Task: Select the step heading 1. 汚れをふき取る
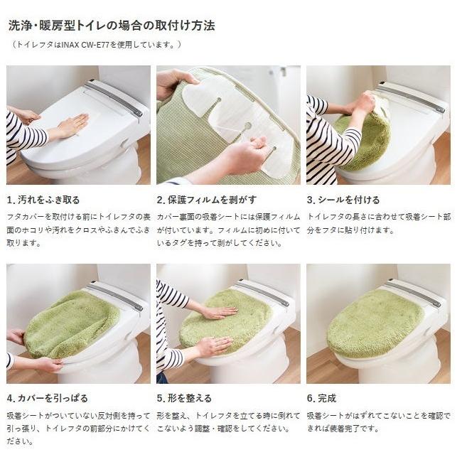(x=43, y=200)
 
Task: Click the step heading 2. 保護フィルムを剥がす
(x=207, y=200)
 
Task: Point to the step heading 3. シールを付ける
(x=343, y=200)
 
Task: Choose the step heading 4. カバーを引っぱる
(x=47, y=398)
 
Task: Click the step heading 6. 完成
(x=321, y=398)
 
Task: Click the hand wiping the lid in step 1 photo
(x=71, y=126)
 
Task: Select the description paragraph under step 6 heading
(x=378, y=421)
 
